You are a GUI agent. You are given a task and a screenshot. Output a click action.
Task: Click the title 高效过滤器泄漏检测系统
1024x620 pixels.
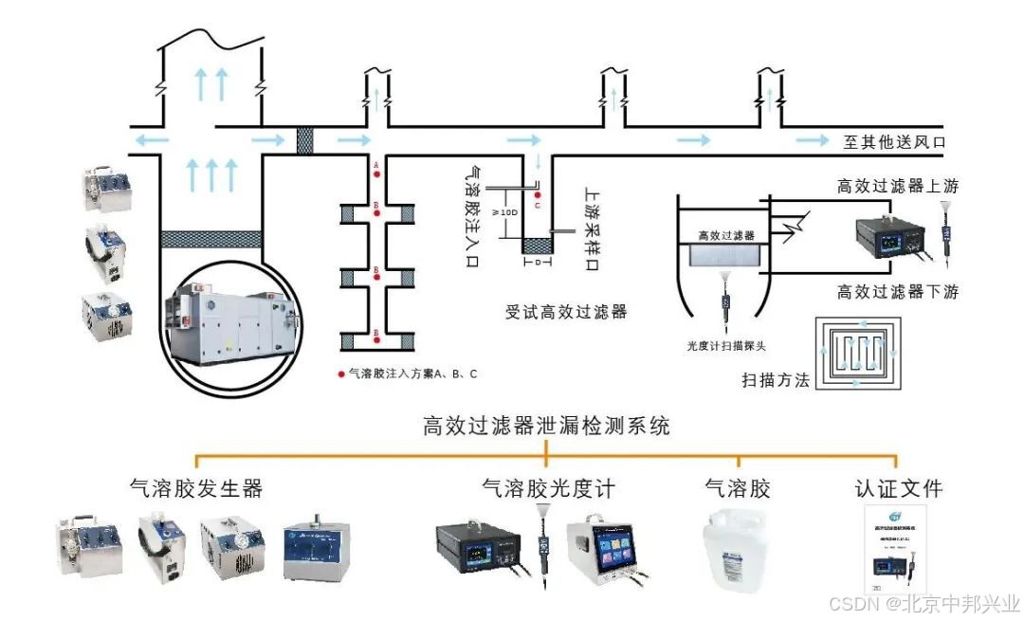coord(545,427)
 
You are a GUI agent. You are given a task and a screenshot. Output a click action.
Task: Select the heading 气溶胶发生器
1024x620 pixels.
coord(196,489)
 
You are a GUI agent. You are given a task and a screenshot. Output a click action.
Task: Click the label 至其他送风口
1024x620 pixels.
coord(895,142)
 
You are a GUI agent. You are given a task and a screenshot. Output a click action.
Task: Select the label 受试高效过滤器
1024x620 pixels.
coord(566,311)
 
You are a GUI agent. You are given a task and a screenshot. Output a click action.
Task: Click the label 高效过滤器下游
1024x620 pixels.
coord(897,292)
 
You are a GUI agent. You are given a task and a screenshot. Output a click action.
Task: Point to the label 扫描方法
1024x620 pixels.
coord(776,381)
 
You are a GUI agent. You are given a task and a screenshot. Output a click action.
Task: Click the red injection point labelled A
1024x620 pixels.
coord(376,173)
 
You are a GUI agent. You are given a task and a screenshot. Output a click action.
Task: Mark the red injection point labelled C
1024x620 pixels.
coord(537,195)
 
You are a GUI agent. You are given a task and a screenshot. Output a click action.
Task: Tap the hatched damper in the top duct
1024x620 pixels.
coord(305,141)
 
